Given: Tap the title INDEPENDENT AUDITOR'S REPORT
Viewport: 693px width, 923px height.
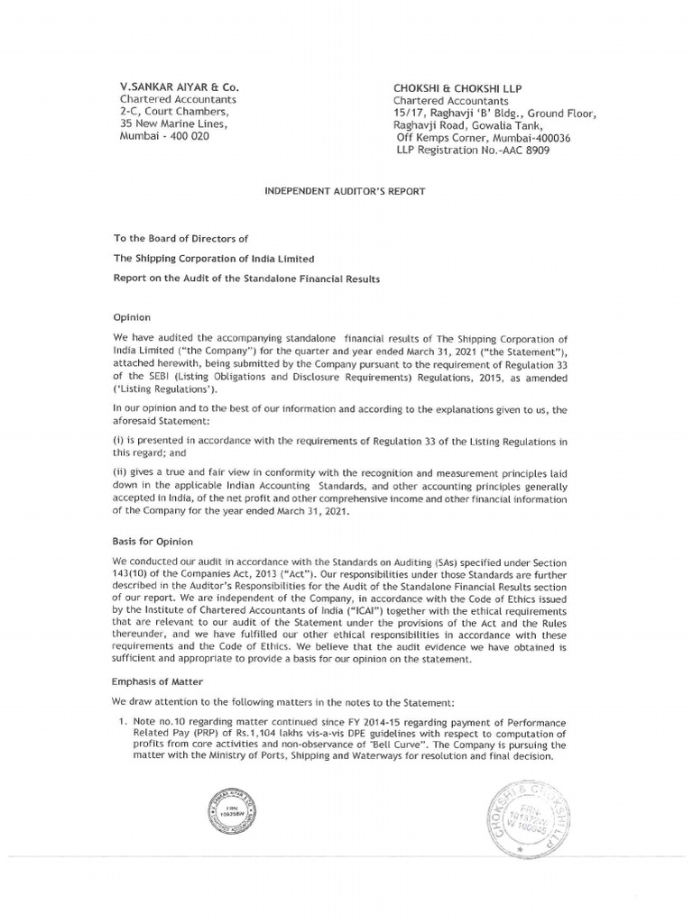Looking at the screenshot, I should (344, 191).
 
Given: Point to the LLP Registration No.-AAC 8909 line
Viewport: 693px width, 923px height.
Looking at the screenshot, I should (472, 151).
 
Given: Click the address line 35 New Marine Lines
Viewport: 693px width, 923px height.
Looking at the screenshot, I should (173, 124).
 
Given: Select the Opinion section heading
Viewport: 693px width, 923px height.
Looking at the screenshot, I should (132, 318).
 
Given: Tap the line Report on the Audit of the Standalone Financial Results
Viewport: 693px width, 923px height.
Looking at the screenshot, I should (246, 279).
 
